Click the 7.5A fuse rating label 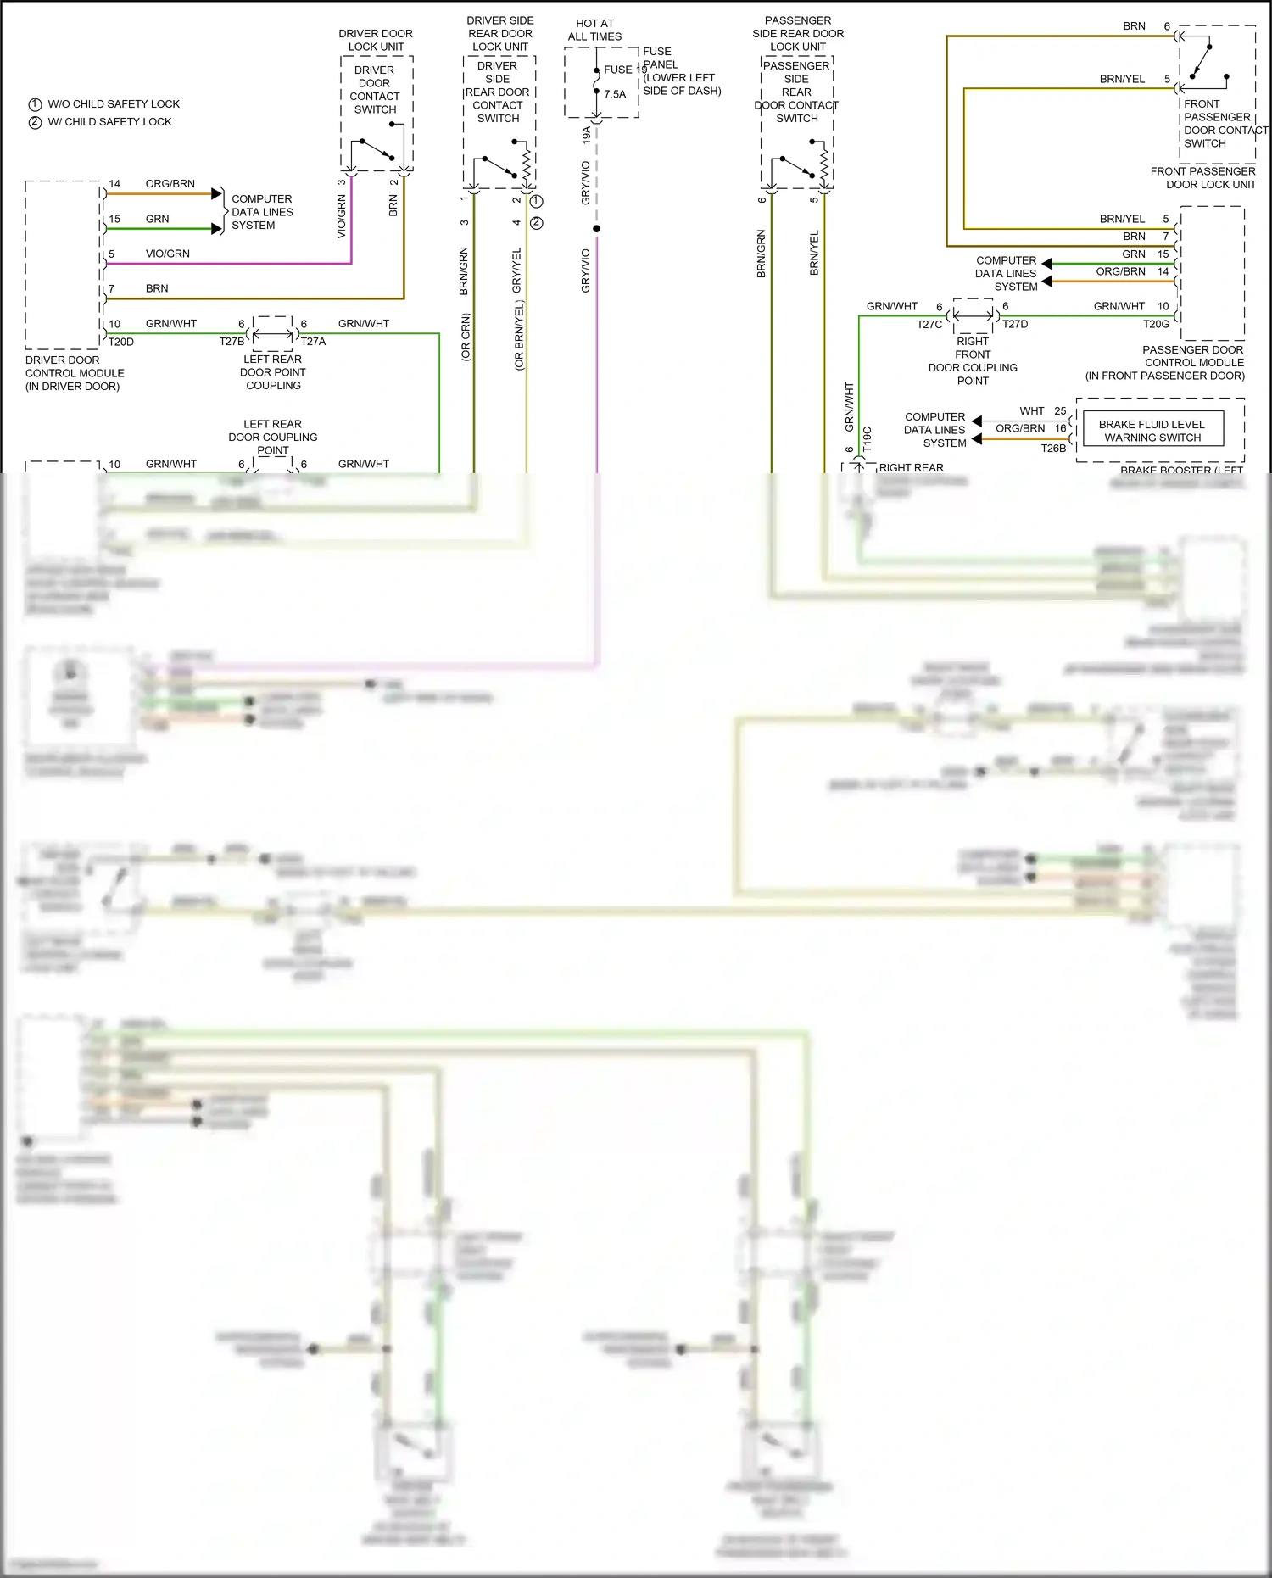click(615, 94)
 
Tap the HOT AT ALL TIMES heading click(594, 31)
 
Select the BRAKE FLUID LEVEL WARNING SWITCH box click(1152, 430)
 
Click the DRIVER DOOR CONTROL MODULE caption click(74, 372)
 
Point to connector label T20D click(120, 342)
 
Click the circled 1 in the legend click(35, 104)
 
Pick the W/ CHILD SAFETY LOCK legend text click(109, 122)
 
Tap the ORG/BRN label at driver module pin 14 click(170, 184)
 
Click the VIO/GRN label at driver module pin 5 click(167, 254)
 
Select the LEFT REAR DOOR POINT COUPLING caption click(272, 372)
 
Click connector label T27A click(313, 342)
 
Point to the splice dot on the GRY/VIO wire click(596, 229)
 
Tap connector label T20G click(1156, 324)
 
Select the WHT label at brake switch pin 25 click(1031, 411)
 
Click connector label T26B click(1053, 449)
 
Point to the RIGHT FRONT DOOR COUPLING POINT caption click(972, 361)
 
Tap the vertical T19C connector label click(867, 438)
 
